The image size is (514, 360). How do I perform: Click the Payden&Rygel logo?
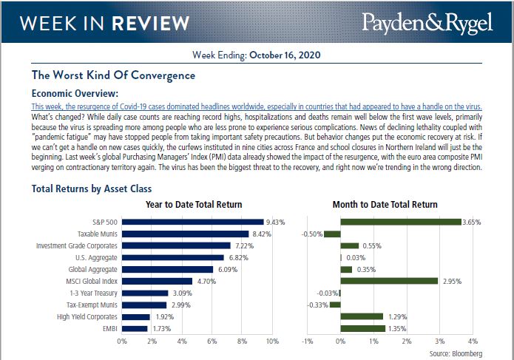pos(427,22)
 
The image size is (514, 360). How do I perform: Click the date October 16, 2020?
pos(285,55)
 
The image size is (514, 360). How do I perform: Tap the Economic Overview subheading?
pos(75,94)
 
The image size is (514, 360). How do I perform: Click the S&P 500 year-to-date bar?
pos(192,221)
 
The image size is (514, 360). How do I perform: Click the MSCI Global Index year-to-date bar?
pos(157,281)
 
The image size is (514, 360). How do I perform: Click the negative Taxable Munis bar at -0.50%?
pos(332,234)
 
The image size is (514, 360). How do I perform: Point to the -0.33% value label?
pos(317,305)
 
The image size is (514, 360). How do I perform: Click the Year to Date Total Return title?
pos(194,204)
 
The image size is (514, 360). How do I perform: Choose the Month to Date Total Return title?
pos(386,204)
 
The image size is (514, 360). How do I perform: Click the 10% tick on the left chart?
pos(271,342)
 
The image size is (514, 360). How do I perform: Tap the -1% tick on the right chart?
pos(307,342)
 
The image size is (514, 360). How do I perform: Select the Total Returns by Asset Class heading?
pos(92,189)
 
